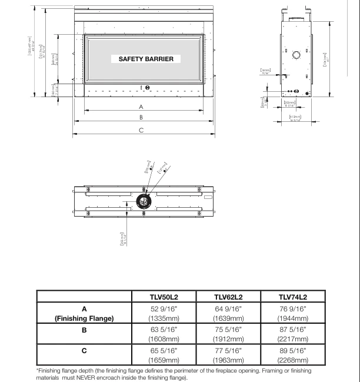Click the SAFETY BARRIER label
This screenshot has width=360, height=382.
click(x=146, y=59)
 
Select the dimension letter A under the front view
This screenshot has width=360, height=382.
click(x=141, y=107)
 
